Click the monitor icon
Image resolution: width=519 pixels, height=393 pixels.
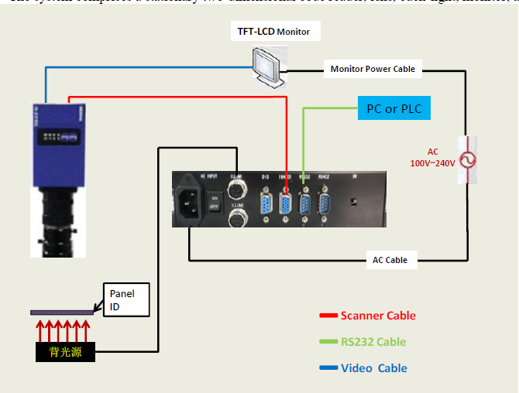click(x=267, y=67)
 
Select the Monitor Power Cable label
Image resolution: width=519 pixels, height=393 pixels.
click(x=373, y=69)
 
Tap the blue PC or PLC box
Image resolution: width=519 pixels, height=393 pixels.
click(x=394, y=108)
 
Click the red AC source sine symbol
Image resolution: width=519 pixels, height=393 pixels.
click(x=467, y=159)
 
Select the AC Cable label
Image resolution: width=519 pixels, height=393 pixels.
click(x=390, y=260)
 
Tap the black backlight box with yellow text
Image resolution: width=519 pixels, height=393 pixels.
click(x=65, y=353)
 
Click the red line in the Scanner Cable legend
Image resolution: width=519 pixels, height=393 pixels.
click(x=328, y=316)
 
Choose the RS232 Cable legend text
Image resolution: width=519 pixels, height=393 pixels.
click(x=373, y=342)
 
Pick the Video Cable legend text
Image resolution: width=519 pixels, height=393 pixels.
click(x=374, y=368)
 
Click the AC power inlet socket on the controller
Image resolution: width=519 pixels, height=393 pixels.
click(x=192, y=200)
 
